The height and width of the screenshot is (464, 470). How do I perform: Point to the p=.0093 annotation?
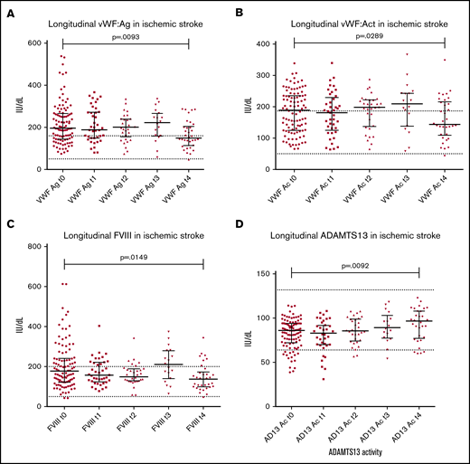coord(134,35)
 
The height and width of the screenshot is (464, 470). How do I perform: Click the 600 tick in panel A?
coord(35,43)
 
